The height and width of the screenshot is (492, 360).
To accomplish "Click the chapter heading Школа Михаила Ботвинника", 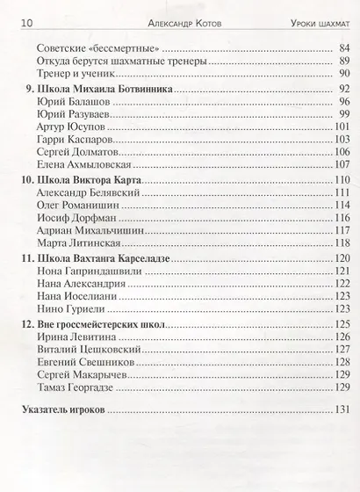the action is point(103,89).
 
